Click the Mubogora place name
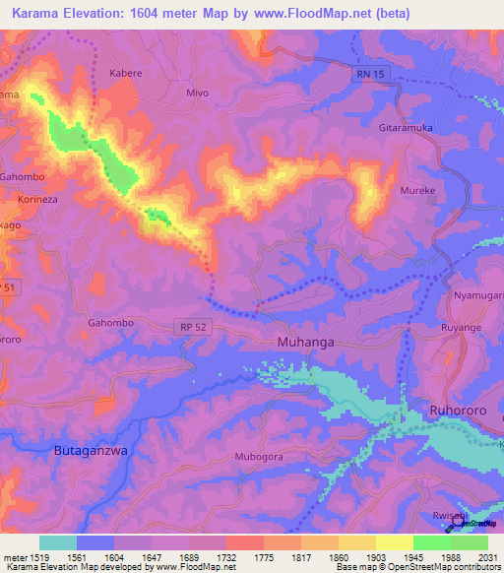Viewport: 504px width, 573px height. click(259, 458)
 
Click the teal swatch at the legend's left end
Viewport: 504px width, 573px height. click(57, 542)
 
